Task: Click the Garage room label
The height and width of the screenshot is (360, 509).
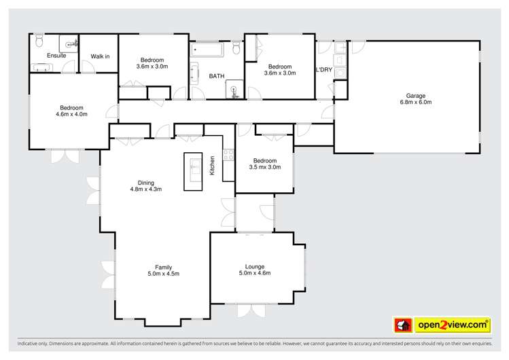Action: coord(415,96)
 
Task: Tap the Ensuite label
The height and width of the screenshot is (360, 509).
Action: coord(56,56)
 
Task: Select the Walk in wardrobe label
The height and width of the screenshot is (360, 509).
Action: coord(100,56)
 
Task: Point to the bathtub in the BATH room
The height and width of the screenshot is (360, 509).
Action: coord(207,50)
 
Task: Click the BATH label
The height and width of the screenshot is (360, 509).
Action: coord(217,76)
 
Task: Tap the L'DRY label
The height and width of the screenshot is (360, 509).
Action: coord(324,70)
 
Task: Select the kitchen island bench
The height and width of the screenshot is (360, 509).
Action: coord(193,172)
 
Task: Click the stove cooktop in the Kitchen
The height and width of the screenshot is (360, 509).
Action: coord(228,155)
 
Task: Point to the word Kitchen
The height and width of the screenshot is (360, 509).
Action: coord(212,166)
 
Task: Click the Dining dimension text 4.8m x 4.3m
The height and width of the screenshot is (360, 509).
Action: coord(145,189)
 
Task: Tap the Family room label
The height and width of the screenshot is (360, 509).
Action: coord(163,267)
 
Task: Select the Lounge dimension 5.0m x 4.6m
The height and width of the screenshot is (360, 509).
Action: coord(255,273)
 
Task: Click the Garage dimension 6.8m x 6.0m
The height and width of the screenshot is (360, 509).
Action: coord(416,102)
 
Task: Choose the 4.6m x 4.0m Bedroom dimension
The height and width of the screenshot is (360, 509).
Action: coord(71,114)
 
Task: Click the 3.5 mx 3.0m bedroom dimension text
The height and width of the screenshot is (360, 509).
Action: coord(265,167)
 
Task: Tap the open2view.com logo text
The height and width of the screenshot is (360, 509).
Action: coord(453,325)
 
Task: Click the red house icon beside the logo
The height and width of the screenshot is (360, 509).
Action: coord(403,325)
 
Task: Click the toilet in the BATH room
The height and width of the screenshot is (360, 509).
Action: coord(236,48)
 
